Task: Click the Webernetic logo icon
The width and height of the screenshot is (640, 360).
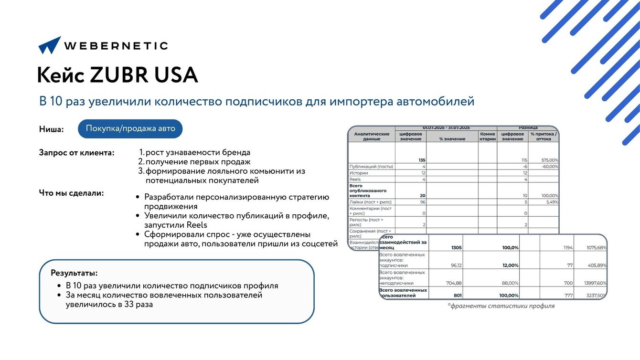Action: pyautogui.click(x=50, y=45)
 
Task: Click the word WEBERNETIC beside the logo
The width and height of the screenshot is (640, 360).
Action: pyautogui.click(x=116, y=46)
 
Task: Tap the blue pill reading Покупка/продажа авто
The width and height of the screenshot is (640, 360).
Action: pyautogui.click(x=130, y=128)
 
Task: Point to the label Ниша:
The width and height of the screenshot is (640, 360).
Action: pyautogui.click(x=52, y=129)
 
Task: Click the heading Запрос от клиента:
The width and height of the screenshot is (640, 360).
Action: pyautogui.click(x=76, y=153)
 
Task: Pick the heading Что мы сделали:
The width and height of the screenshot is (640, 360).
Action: pyautogui.click(x=71, y=193)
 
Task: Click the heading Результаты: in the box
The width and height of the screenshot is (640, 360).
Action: pyautogui.click(x=74, y=273)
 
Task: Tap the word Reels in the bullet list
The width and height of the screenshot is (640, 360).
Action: pyautogui.click(x=197, y=225)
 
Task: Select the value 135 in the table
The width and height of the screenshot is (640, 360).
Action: pyautogui.click(x=422, y=160)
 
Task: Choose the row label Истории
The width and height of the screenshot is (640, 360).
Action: pyautogui.click(x=359, y=173)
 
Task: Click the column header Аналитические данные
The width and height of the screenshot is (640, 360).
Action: pyautogui.click(x=372, y=137)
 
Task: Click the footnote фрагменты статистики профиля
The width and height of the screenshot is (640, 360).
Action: pyautogui.click(x=501, y=306)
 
